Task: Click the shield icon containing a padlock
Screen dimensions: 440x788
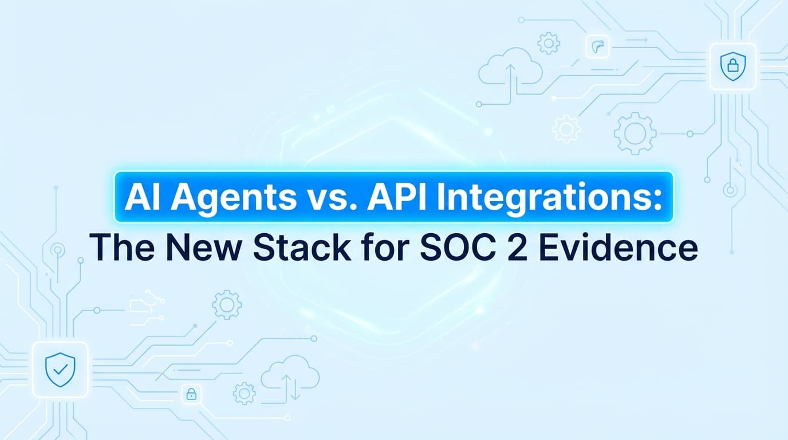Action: point(732,66)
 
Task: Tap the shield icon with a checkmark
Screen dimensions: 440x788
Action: point(60,369)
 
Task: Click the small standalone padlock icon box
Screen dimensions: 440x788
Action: point(191,394)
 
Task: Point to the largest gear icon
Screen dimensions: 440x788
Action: point(635,133)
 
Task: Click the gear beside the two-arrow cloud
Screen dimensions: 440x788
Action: point(244,394)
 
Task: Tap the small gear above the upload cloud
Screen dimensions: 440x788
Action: point(548,43)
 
